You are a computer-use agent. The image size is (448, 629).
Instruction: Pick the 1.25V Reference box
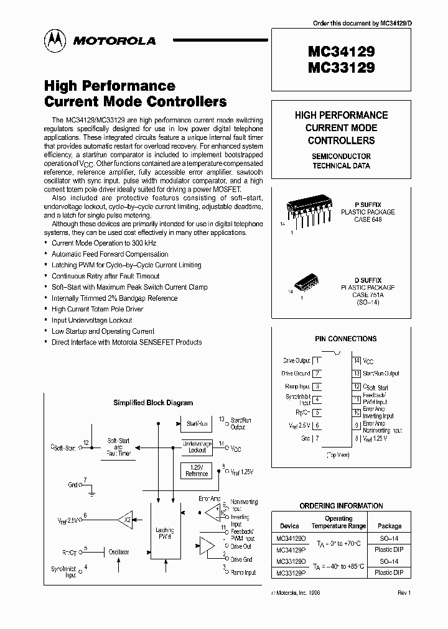[197, 470]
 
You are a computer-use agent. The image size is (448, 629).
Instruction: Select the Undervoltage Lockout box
[197, 446]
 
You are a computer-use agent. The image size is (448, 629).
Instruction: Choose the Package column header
[390, 526]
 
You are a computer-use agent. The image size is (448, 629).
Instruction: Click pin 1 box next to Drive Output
[318, 360]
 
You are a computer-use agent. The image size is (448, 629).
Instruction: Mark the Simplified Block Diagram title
[153, 403]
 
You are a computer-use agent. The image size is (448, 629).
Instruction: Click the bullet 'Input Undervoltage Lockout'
[92, 320]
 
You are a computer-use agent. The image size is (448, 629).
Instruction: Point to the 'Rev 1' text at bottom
[404, 593]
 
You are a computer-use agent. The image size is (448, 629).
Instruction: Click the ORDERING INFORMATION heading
[342, 506]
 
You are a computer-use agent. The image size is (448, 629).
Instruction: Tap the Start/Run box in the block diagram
[197, 423]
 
